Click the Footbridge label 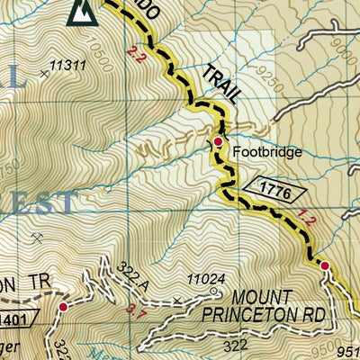267,152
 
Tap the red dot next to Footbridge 218,141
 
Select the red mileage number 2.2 136,56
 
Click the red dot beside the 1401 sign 63,308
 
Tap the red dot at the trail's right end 323,265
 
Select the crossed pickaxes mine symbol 38,238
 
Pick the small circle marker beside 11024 214,291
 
